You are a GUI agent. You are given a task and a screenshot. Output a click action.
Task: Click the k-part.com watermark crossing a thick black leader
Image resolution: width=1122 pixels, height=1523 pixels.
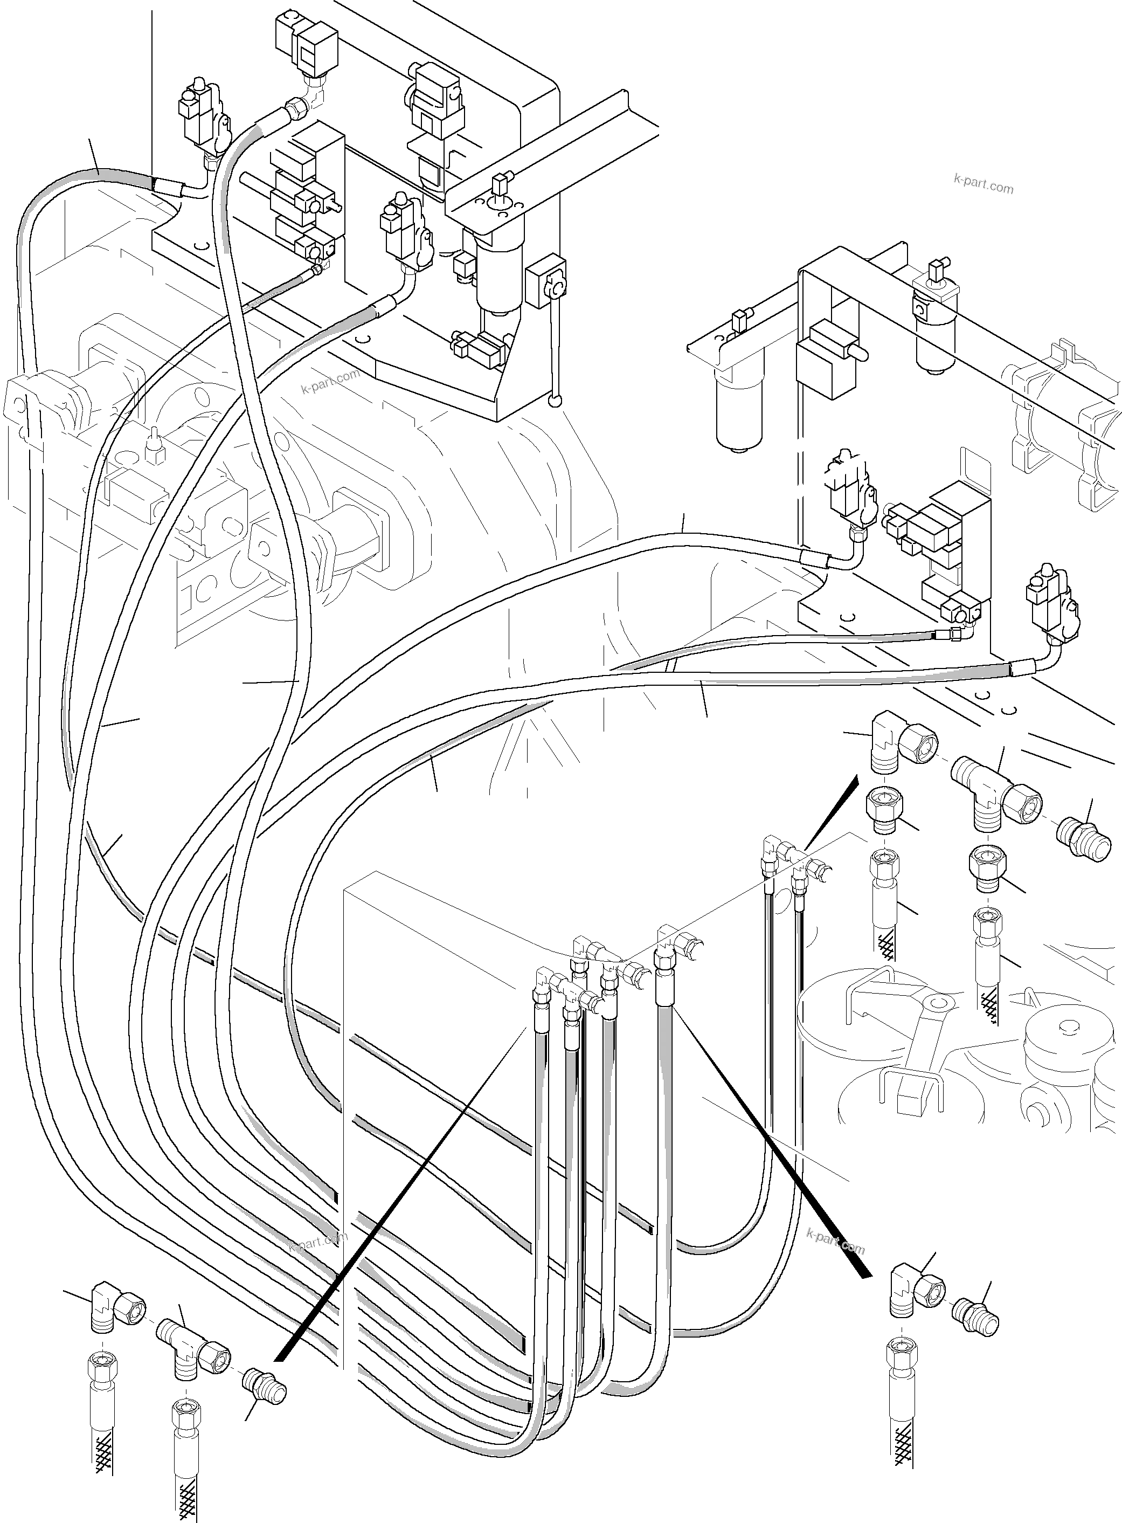pos(836,1241)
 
